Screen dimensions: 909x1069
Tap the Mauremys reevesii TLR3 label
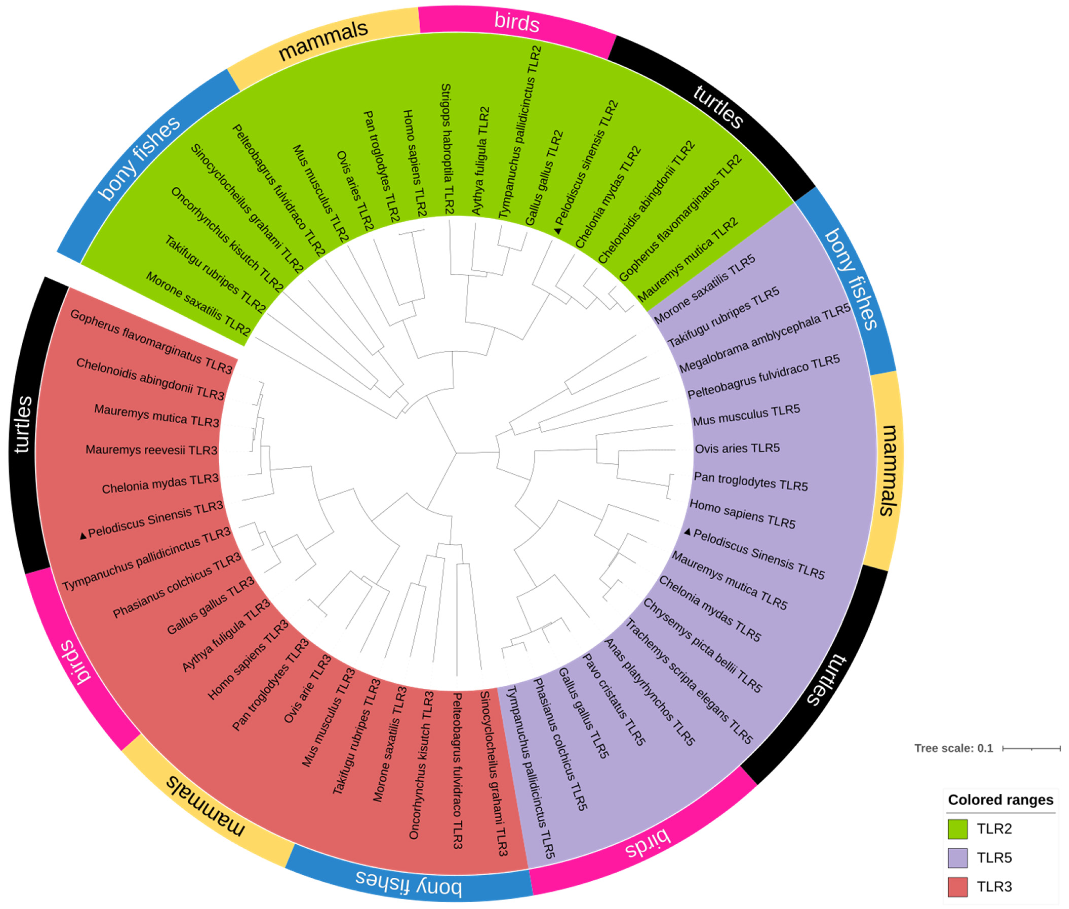[151, 450]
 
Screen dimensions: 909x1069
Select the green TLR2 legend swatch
[957, 829]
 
